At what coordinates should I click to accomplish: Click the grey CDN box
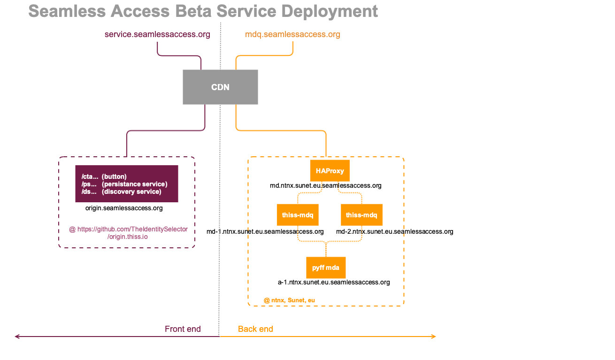coord(220,87)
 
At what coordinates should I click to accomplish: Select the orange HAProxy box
coord(330,171)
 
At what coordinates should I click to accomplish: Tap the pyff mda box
coord(326,268)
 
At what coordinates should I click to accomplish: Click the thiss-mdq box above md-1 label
coord(298,215)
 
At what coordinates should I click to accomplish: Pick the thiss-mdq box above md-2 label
coord(361,215)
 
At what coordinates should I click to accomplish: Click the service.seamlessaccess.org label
coord(157,34)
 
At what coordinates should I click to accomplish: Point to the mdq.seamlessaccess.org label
coord(292,34)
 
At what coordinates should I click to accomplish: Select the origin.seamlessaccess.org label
coord(124,208)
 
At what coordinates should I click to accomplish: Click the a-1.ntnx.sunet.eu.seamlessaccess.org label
coord(334,282)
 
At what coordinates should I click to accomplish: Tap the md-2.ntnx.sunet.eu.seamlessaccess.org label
coord(394,231)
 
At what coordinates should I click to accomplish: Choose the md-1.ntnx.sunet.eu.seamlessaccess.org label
coord(265,231)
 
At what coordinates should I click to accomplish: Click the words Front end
coord(183,329)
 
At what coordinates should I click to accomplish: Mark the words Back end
coord(255,329)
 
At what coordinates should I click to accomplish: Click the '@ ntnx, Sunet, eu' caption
coord(289,300)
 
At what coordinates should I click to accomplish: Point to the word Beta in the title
coord(193,11)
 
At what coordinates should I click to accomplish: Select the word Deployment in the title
coord(330,12)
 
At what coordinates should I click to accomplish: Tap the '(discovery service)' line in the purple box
coord(131,191)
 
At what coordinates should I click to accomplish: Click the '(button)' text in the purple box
coord(114,176)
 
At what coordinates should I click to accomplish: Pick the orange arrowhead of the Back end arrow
coord(434,337)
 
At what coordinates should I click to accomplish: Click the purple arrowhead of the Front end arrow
coord(17,337)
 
